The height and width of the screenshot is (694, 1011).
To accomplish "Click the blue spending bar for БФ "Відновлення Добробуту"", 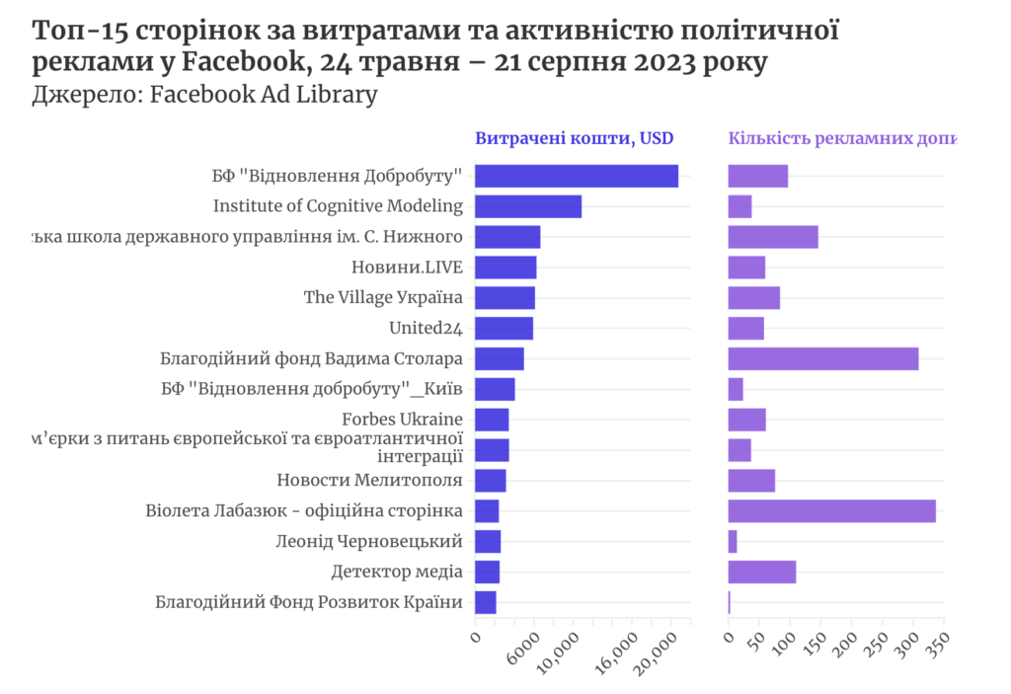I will pyautogui.click(x=576, y=176).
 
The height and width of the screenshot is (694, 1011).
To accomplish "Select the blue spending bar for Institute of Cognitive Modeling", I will pyautogui.click(x=527, y=206).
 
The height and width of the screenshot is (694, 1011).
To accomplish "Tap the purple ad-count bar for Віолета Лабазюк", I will pyautogui.click(x=831, y=510).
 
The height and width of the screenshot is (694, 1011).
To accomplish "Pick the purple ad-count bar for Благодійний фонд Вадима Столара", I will pyautogui.click(x=822, y=358).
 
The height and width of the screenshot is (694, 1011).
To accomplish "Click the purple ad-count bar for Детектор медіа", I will pyautogui.click(x=761, y=572).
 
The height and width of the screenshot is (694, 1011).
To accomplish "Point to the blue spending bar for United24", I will pyautogui.click(x=504, y=328).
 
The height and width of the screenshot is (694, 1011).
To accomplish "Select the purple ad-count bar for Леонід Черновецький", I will pyautogui.click(x=733, y=541).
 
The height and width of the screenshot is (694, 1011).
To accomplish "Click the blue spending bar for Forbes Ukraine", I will pyautogui.click(x=492, y=420).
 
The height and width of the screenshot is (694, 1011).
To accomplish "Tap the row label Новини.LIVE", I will pyautogui.click(x=407, y=268).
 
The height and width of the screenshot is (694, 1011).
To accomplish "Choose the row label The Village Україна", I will pyautogui.click(x=383, y=297).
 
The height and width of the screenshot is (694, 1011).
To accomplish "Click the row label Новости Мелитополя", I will pyautogui.click(x=369, y=481).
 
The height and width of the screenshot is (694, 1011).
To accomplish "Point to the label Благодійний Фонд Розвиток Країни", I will pyautogui.click(x=309, y=602).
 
